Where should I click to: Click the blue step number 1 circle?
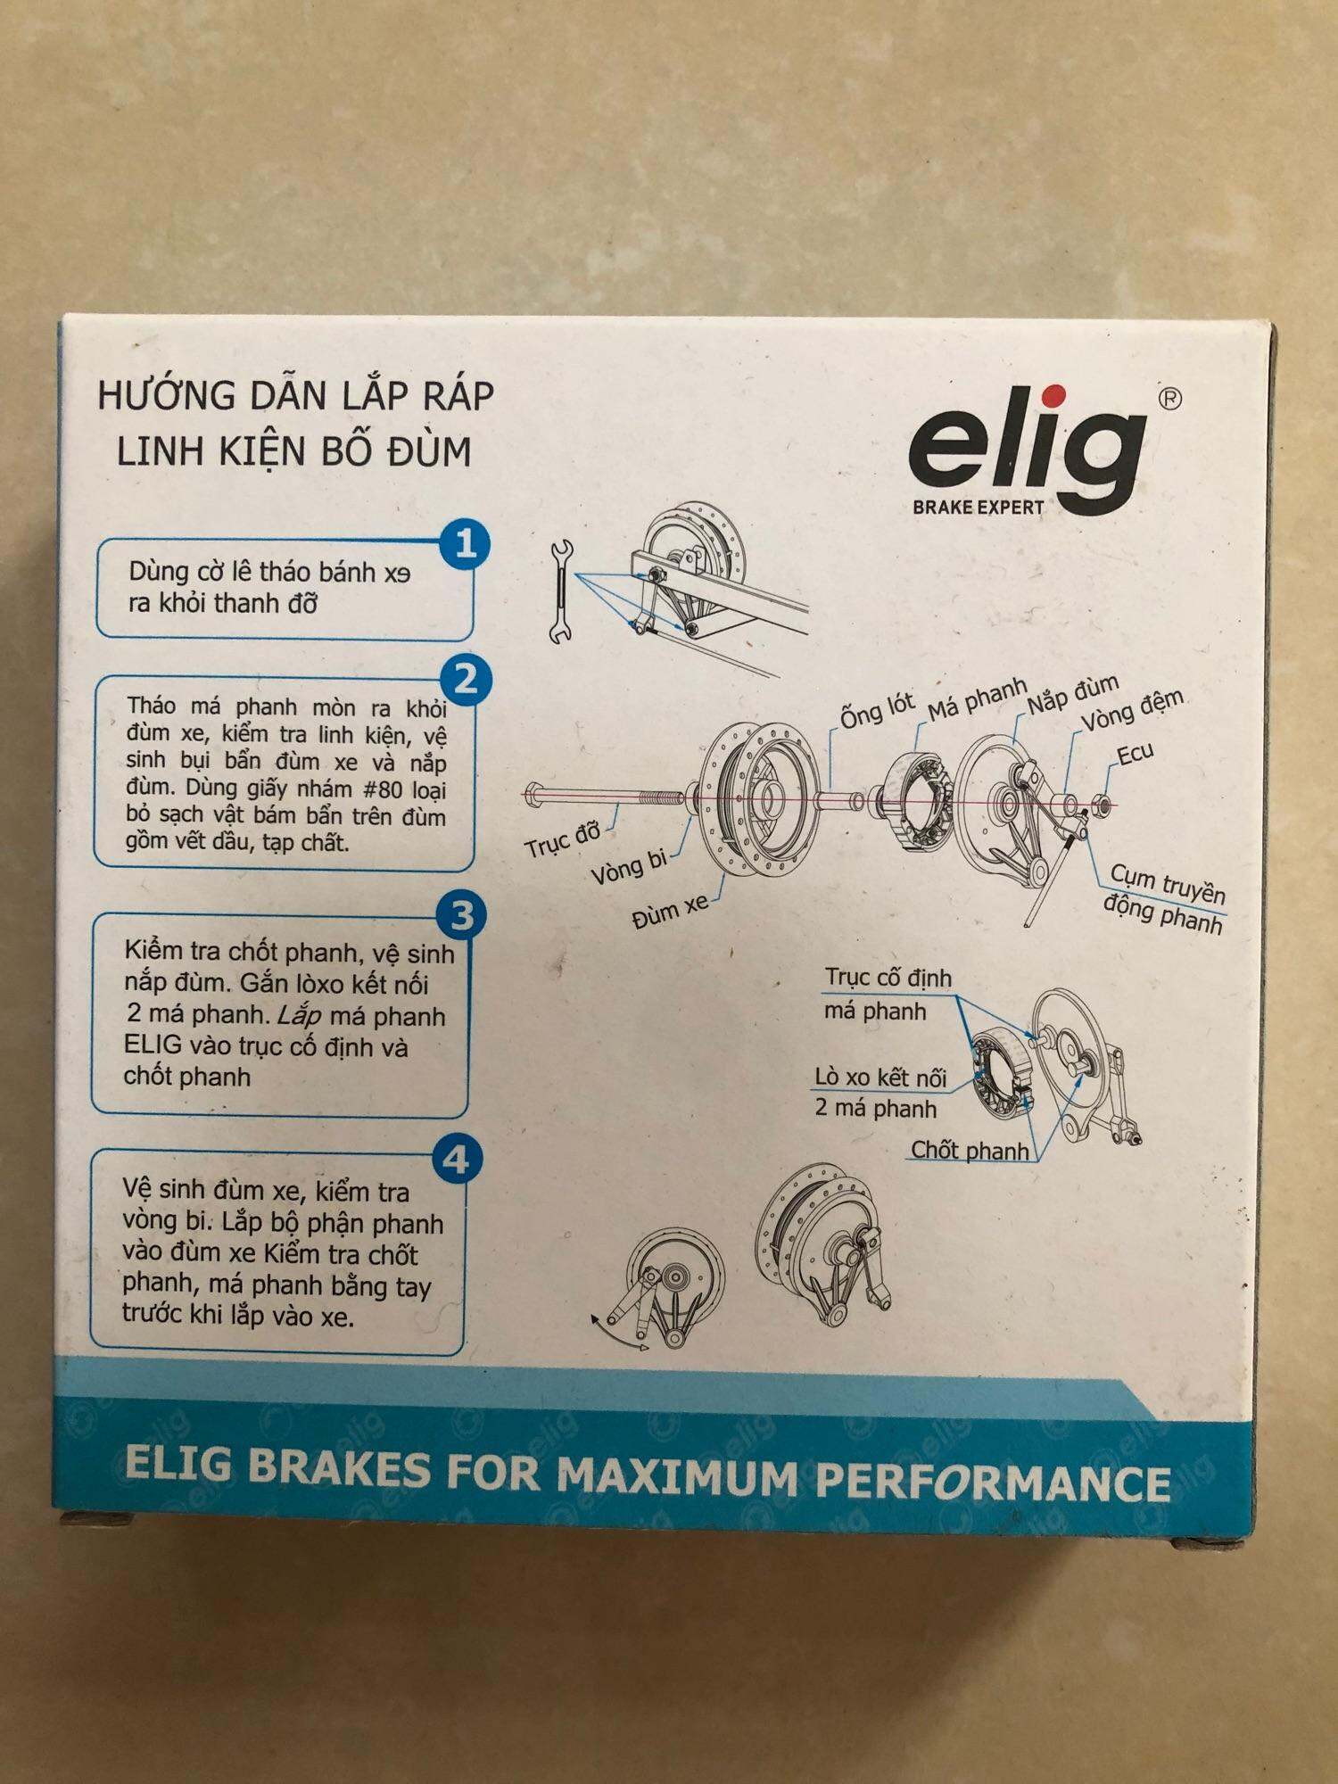(466, 544)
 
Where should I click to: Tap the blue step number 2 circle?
(465, 680)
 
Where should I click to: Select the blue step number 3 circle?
(461, 915)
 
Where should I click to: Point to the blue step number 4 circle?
(457, 1160)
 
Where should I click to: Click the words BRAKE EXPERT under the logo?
(978, 508)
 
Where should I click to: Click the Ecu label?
(1136, 755)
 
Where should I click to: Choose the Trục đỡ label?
(563, 840)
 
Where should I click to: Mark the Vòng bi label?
(629, 867)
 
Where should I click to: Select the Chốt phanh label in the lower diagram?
(970, 1150)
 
